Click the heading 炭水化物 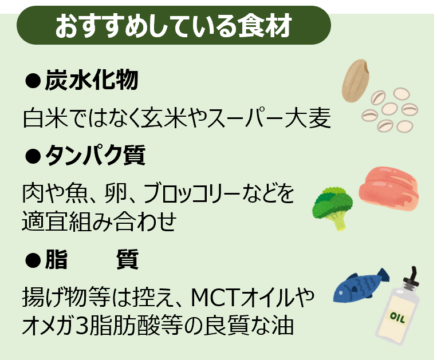point(92,80)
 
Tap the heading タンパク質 point(95,155)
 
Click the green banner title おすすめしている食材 point(174,26)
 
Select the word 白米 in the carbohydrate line point(46,118)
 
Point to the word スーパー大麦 point(269,118)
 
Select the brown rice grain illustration point(356,80)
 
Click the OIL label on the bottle point(397,318)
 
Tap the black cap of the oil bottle point(412,278)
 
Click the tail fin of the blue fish point(383,275)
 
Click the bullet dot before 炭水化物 point(33,81)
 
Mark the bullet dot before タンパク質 point(33,156)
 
